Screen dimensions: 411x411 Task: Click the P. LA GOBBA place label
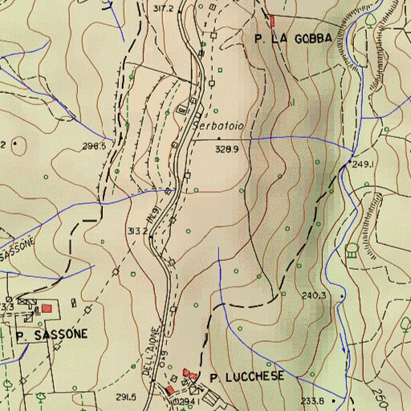pos(291,38)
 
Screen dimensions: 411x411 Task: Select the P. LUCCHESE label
pos(246,376)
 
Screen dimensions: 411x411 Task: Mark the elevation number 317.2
pos(163,8)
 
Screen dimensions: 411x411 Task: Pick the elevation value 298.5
pos(94,146)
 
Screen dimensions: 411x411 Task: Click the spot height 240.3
pos(314,295)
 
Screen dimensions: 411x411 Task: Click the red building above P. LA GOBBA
pos(272,20)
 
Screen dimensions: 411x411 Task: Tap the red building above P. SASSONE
pos(47,307)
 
